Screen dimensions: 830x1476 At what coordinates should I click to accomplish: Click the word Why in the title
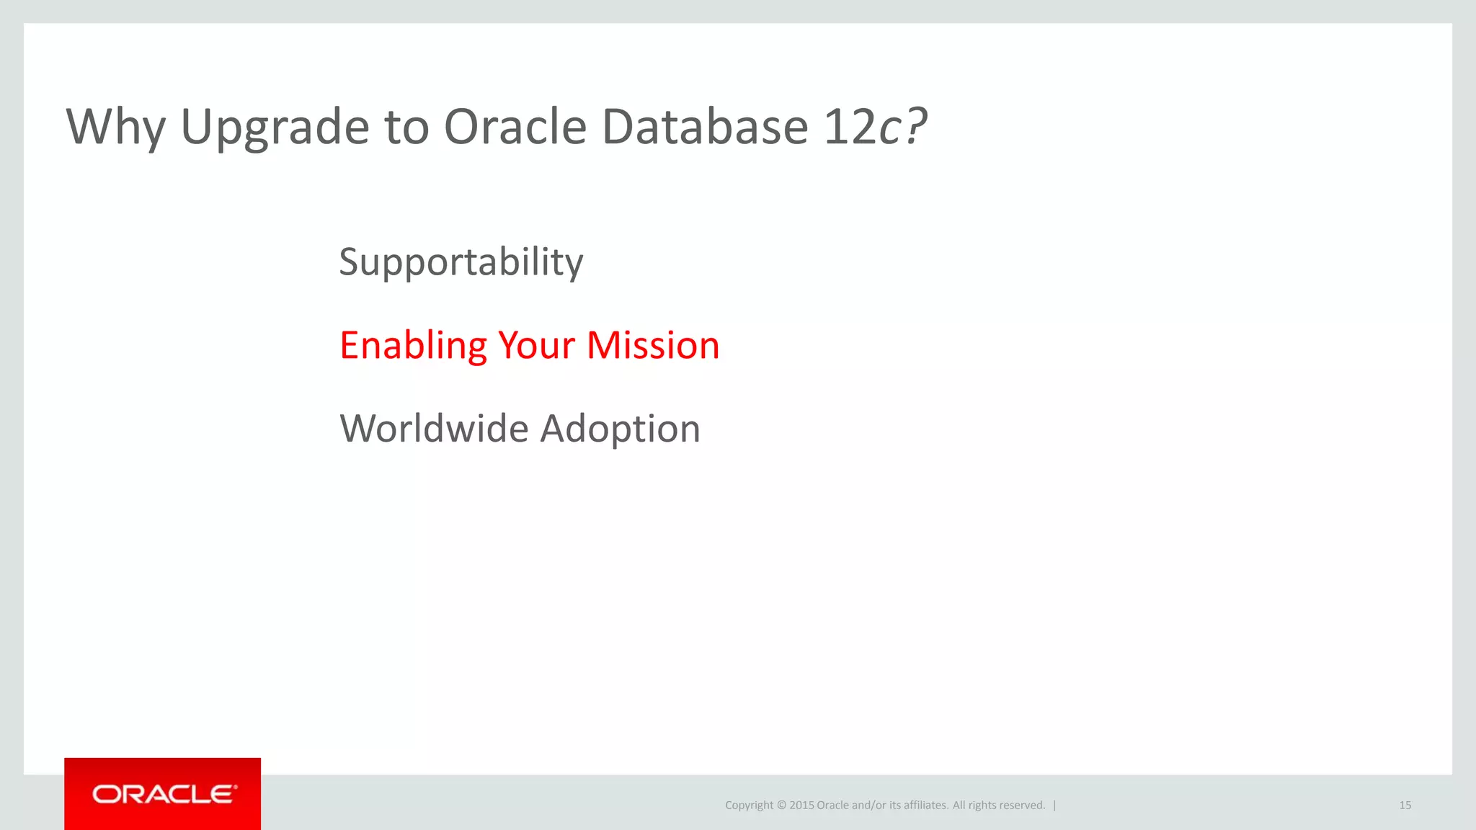coord(115,128)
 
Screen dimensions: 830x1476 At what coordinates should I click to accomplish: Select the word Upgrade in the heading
coord(275,128)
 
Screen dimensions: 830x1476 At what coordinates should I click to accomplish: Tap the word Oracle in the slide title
coord(515,128)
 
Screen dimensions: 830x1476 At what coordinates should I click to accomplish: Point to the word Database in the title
coord(704,128)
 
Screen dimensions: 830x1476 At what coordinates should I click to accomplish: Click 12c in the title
coord(861,128)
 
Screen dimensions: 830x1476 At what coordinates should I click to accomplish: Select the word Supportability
coord(461,262)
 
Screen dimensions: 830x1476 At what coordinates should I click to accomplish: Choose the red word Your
coord(536,346)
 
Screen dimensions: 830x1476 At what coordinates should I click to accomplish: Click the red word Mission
coord(653,346)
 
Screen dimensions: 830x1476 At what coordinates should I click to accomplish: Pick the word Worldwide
coord(434,429)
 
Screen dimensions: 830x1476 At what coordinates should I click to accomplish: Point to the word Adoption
coord(620,430)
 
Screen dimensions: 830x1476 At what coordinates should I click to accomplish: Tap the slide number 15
coord(1405,806)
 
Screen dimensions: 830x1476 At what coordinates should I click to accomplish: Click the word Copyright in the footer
coord(749,806)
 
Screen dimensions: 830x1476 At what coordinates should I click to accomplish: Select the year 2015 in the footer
coord(801,806)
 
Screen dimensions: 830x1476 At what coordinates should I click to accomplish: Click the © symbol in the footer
coord(781,806)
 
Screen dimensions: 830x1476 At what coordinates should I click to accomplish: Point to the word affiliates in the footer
coord(925,806)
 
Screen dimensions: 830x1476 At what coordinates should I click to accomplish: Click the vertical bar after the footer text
coord(1054,806)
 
